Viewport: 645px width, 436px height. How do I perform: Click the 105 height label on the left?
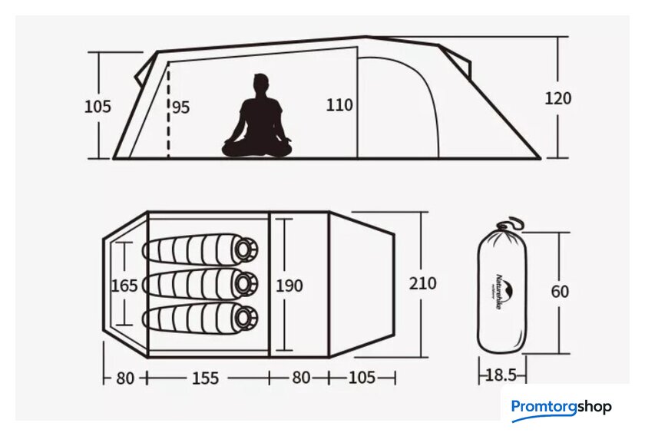[x=98, y=107]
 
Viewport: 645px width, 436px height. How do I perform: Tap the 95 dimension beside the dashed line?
[x=180, y=107]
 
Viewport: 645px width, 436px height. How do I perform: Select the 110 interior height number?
[x=339, y=104]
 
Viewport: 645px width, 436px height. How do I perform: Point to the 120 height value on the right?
[x=558, y=99]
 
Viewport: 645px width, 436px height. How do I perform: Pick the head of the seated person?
[x=261, y=83]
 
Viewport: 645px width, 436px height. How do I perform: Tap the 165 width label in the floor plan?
[x=124, y=286]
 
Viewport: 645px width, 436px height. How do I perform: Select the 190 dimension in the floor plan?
[x=289, y=286]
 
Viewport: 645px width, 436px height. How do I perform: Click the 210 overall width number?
[x=422, y=283]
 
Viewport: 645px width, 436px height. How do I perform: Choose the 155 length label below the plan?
[x=206, y=378]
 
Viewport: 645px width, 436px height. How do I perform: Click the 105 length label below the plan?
[x=361, y=378]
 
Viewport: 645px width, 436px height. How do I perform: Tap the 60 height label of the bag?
[x=561, y=292]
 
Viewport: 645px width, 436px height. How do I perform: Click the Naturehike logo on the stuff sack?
[x=502, y=292]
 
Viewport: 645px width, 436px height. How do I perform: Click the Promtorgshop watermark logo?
[x=561, y=407]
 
